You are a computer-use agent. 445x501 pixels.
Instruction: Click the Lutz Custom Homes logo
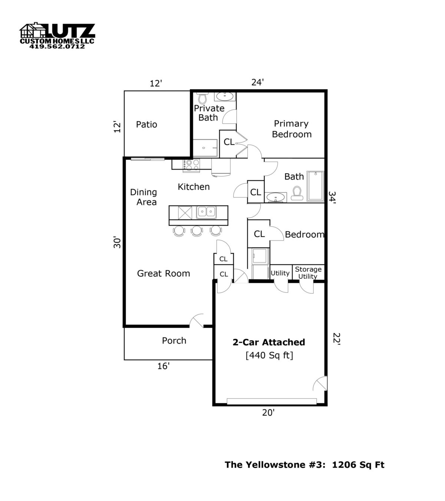point(57,36)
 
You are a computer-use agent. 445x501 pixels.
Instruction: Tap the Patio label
point(146,124)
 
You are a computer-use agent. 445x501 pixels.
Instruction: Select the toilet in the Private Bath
point(202,98)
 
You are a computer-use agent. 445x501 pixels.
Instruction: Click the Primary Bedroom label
point(291,129)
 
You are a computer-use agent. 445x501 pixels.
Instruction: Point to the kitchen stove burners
point(191,165)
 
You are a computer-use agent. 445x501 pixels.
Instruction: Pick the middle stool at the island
point(197,231)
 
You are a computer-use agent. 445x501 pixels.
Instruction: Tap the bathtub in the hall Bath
point(315,186)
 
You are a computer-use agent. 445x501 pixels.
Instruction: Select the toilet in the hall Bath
point(297,193)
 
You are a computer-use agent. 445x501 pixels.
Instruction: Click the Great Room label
point(164,274)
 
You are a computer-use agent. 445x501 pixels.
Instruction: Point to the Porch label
point(174,341)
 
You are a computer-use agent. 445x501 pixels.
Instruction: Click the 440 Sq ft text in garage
point(269,356)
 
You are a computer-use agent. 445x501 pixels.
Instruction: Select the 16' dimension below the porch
point(163,366)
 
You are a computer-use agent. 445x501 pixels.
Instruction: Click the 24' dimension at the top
point(257,82)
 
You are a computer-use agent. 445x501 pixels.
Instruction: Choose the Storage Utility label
point(308,273)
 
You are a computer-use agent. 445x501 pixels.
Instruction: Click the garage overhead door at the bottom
point(271,401)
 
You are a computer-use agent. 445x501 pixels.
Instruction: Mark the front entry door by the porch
point(197,321)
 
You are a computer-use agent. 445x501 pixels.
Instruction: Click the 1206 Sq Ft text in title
point(358,465)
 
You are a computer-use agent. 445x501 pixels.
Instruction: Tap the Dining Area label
point(144,197)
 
